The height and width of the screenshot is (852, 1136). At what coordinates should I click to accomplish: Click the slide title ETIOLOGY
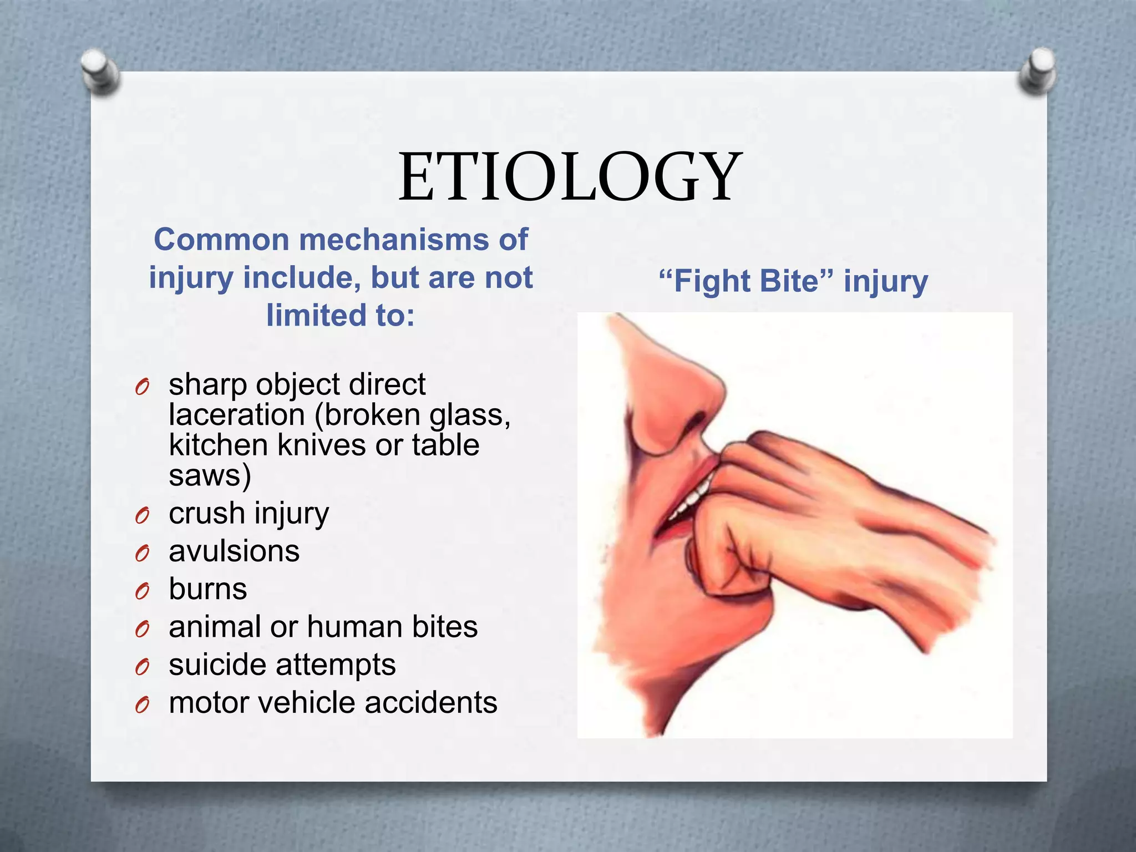(x=570, y=177)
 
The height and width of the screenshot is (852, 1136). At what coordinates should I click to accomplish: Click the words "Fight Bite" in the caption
(x=747, y=281)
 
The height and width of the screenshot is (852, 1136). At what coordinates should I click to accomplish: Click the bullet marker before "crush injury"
(x=142, y=516)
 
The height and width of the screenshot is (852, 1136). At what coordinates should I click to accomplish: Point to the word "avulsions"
(x=234, y=551)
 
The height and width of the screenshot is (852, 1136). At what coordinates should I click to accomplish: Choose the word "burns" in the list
(x=208, y=589)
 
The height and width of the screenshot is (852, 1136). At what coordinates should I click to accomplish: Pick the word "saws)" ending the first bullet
(x=210, y=475)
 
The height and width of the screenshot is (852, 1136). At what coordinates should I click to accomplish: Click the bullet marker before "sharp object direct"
(x=142, y=388)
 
